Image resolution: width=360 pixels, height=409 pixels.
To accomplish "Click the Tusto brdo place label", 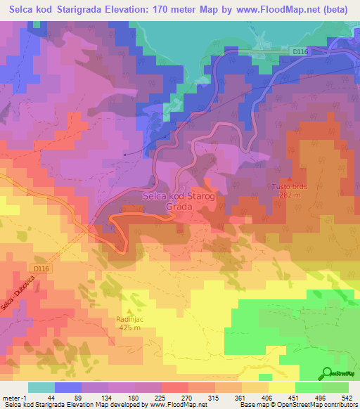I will click(x=290, y=186).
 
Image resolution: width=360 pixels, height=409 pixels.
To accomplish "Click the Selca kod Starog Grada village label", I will click(x=175, y=202).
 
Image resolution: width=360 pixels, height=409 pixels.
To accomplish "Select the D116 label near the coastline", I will click(x=301, y=51).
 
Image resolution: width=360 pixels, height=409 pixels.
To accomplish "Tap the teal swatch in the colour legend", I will click(x=41, y=387).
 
